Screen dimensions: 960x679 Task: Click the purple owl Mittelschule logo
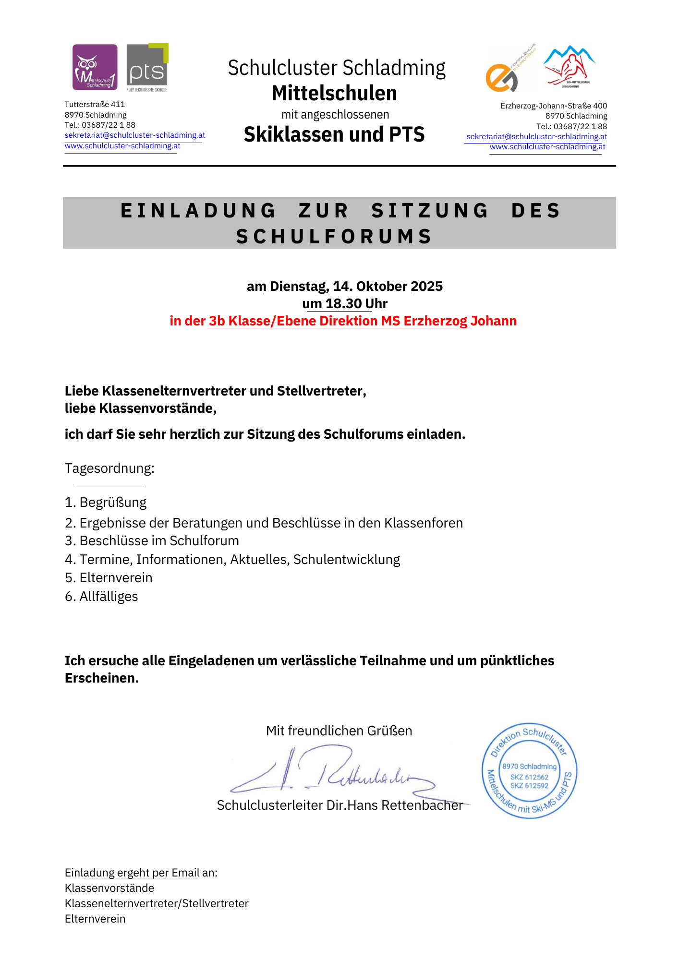click(95, 67)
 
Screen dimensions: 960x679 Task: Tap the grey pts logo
click(147, 67)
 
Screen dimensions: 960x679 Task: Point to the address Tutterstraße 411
click(95, 104)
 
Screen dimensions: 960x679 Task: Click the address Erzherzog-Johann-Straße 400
click(553, 106)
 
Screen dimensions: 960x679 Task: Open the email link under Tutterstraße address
click(134, 135)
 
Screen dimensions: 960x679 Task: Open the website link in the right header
click(547, 147)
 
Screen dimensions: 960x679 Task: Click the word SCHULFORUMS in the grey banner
click(334, 236)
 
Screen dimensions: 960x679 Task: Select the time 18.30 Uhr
click(356, 303)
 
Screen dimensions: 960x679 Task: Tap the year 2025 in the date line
click(427, 286)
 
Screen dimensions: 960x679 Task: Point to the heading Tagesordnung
click(109, 468)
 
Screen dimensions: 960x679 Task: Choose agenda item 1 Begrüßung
click(106, 503)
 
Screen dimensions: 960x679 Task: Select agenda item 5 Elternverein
click(109, 578)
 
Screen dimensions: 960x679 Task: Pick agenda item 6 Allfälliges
click(101, 597)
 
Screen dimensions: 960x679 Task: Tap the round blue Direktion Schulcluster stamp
click(529, 770)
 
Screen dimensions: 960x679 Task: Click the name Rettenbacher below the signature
click(422, 805)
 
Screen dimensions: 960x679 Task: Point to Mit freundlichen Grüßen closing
click(339, 731)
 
